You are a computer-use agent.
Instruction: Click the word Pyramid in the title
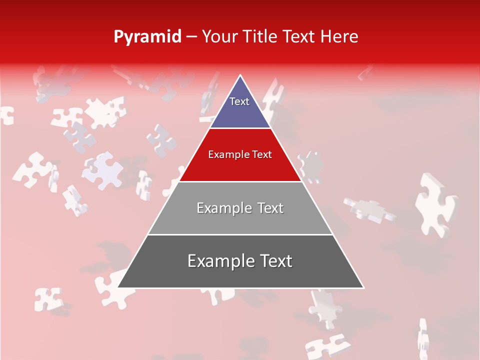147,37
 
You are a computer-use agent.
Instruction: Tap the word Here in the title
339,36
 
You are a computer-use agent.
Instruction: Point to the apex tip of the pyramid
240,76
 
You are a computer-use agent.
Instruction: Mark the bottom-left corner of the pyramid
118,287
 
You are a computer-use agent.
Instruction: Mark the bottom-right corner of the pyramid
363,287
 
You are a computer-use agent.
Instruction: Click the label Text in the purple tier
239,101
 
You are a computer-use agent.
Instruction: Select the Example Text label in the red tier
240,154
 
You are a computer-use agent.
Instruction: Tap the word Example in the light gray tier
218,208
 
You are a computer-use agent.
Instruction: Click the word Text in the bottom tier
273,261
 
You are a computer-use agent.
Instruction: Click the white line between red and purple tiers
240,128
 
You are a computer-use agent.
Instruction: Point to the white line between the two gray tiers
240,234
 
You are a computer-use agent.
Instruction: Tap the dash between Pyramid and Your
191,37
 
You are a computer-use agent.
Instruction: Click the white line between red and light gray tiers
240,181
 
